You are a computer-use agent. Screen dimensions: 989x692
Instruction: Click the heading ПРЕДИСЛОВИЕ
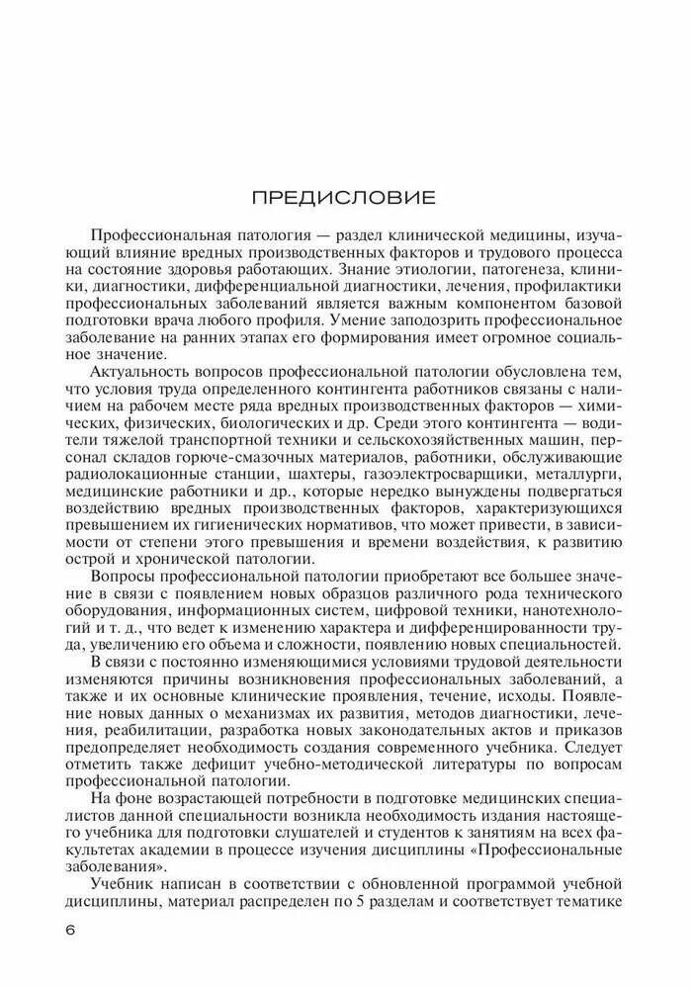click(343, 197)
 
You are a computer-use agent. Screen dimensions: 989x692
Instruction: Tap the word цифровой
click(409, 594)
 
